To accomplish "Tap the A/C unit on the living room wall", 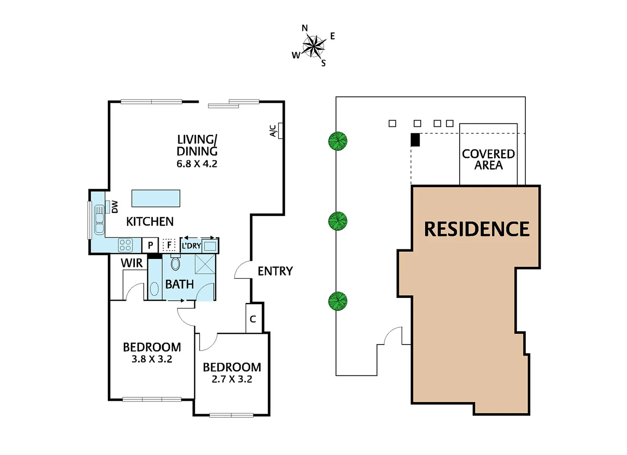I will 280,131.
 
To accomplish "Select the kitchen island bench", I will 156,198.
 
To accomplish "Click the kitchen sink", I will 99,219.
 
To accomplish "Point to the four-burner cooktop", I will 126,245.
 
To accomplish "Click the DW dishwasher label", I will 115,206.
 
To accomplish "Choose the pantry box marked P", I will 150,245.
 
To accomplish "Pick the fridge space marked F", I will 169,245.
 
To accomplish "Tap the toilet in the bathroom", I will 175,263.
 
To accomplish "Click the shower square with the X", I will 205,265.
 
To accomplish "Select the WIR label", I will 131,263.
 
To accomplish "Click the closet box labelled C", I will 253,319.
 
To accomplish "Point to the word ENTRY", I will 275,271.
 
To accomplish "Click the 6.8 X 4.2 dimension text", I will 197,164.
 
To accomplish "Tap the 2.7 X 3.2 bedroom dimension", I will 232,379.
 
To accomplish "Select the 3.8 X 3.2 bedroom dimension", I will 152,359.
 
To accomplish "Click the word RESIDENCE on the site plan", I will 477,229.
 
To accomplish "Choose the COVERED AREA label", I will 488,160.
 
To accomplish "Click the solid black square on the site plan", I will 415,139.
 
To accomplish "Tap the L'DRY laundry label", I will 191,246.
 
